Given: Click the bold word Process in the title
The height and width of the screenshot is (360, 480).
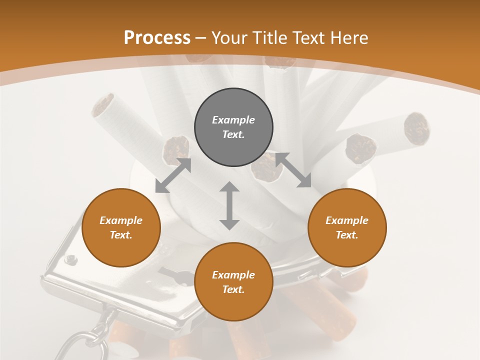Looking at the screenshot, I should coord(157,38).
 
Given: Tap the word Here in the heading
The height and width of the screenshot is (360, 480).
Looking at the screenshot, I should coord(349,38).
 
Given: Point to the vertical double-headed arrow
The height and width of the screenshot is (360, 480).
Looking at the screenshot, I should coord(229,205).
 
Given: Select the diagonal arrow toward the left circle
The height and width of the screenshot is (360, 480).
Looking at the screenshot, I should coord(173,175).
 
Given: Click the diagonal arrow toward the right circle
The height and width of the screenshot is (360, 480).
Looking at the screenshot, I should coord(293,170).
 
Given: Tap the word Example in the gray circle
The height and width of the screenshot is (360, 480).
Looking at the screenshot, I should coord(233,120).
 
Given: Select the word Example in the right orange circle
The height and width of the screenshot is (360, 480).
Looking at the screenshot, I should coord(347,220).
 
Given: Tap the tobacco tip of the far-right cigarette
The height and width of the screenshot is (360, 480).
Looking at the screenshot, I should coord(416,127).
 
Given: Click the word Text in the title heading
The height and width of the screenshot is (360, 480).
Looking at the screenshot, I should coord(309,38).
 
